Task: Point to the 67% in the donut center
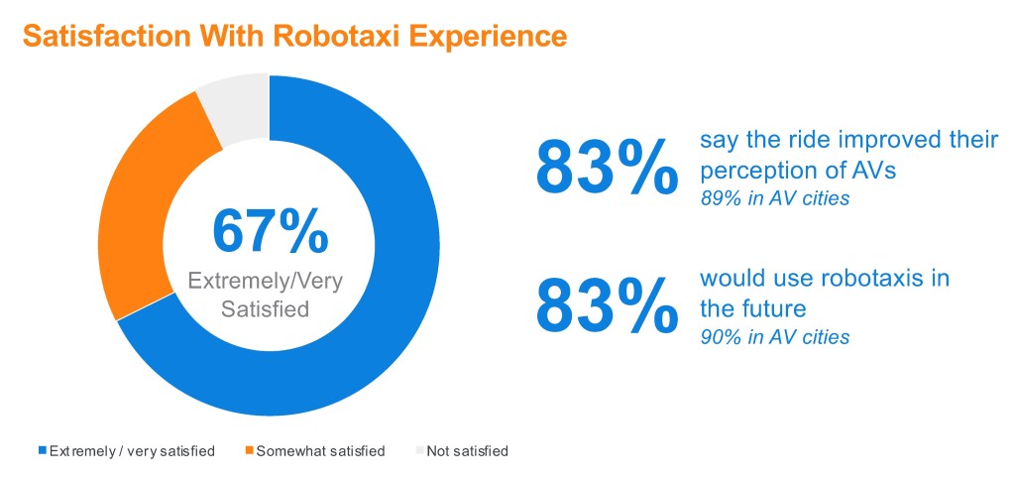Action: click(x=270, y=231)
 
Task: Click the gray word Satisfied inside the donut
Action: click(x=265, y=308)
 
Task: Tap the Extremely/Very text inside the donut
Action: click(x=265, y=281)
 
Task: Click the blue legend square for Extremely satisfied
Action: click(x=44, y=450)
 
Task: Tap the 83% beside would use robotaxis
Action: click(x=607, y=304)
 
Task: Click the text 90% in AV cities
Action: click(x=775, y=337)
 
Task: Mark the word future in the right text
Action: click(x=772, y=308)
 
